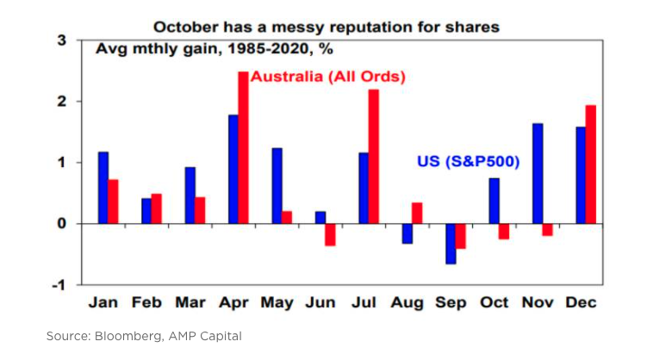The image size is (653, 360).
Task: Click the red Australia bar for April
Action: [x=244, y=147]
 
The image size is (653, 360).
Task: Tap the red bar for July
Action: [x=373, y=156]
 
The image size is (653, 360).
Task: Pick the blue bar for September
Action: [x=450, y=243]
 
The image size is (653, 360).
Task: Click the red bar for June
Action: [x=330, y=234]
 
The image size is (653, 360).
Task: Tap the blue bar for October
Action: [x=494, y=201]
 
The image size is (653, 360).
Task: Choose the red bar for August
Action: [x=417, y=213]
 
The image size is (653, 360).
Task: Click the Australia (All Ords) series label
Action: [x=327, y=77]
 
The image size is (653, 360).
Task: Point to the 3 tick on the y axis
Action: [x=61, y=40]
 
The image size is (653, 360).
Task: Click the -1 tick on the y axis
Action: [x=59, y=285]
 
